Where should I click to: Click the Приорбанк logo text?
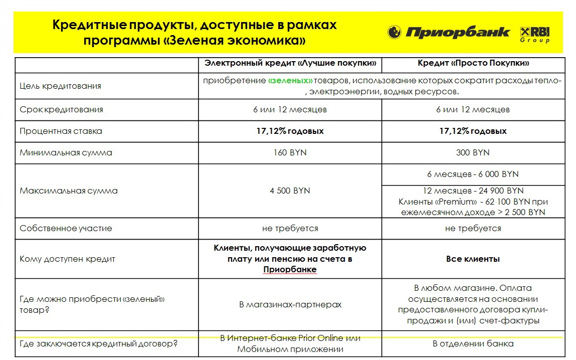coord(457,33)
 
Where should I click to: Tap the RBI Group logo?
coord(535,34)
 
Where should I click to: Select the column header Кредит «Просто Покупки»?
coord(473,64)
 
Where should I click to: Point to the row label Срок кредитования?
coord(61,109)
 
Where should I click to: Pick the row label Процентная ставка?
coord(61,131)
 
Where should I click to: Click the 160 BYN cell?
coord(290,152)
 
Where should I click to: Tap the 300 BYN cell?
coord(473,152)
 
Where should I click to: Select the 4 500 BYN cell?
coord(290,191)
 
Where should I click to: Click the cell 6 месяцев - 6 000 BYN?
coord(473,174)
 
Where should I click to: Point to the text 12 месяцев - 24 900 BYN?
coord(473,191)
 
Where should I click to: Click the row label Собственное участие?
coord(66,228)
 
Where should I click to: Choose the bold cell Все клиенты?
coord(473,259)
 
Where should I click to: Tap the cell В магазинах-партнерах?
coord(290,304)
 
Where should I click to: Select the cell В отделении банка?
coord(473,344)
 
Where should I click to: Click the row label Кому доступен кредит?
coord(67,259)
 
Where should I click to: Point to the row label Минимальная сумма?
coord(66,152)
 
